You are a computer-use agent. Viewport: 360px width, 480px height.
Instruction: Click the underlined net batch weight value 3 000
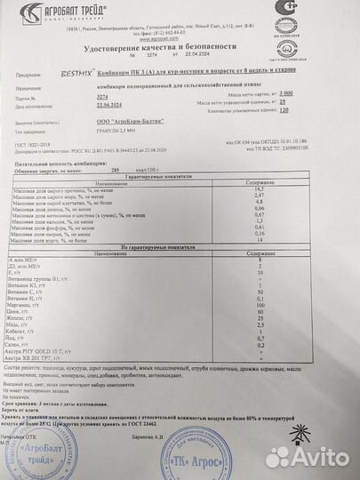pos(333,92)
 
